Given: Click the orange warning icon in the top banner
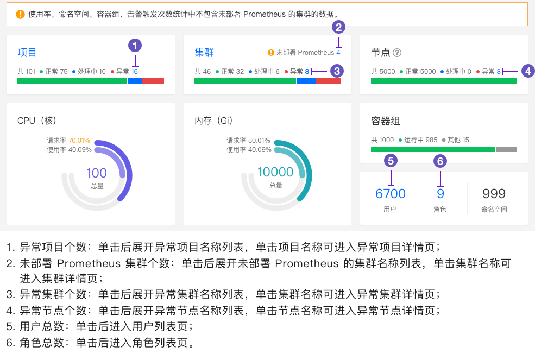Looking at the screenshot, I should coord(20,14).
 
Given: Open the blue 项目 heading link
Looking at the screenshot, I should coord(27,53).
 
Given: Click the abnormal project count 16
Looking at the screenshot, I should coord(135,71).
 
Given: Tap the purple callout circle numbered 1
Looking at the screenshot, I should coord(135,45).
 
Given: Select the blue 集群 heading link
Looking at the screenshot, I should coord(204,53).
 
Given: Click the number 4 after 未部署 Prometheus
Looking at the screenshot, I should coord(338,53).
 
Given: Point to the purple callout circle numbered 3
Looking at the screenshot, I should coord(337,71).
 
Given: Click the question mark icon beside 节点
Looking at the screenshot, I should coord(397,53).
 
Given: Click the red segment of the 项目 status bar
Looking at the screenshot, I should coord(153,81).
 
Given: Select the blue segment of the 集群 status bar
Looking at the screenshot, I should coord(306,81).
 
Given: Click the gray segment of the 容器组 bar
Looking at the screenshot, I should coord(506,149).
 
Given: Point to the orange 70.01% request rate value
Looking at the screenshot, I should coord(79,140).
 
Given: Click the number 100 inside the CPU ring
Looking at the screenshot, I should coord(97,173).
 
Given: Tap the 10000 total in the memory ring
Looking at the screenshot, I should coord(275,172).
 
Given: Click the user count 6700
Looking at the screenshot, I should coord(391,193).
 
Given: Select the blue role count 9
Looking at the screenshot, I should coord(440,193).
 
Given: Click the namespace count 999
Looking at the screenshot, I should coord(494,193).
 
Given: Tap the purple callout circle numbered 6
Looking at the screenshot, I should coord(440,161).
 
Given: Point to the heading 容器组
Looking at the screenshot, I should coord(386,121).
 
